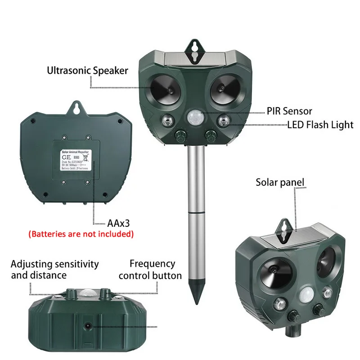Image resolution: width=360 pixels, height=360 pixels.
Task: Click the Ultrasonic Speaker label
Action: (87, 70)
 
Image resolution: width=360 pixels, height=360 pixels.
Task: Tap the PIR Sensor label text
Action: (290, 111)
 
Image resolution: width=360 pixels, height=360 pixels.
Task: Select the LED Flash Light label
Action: (320, 124)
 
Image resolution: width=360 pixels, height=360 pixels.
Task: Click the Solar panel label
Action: (280, 182)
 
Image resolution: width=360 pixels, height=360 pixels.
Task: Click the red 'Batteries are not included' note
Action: (81, 234)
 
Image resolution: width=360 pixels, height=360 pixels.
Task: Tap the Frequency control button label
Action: (150, 270)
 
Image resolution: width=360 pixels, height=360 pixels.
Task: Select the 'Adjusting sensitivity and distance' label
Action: (54, 269)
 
